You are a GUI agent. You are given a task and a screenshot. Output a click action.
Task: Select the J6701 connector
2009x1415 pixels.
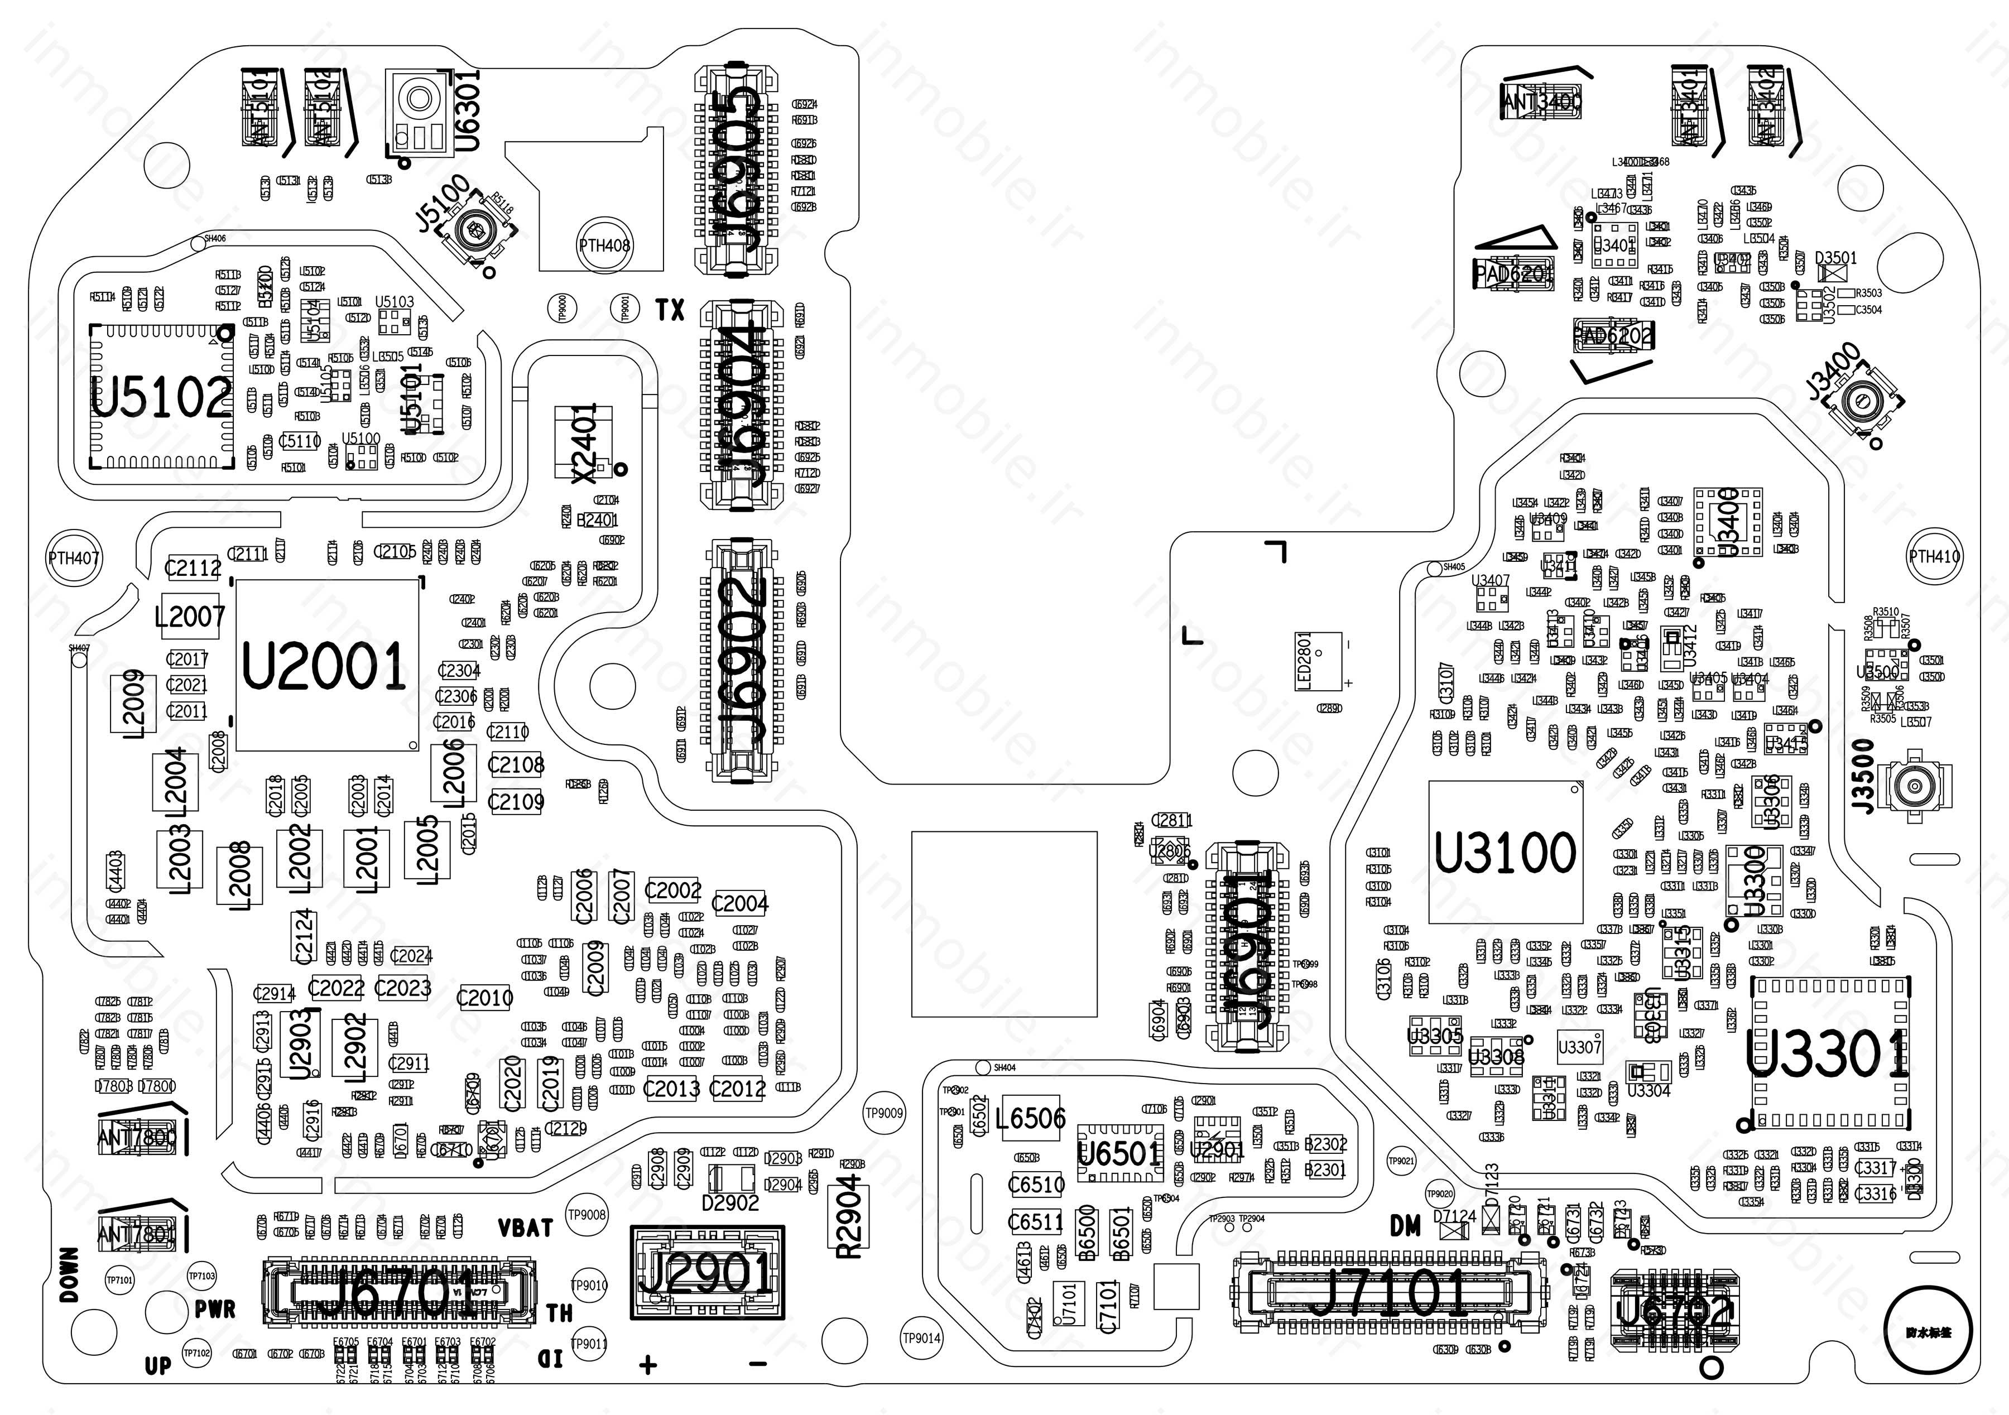pos(398,1292)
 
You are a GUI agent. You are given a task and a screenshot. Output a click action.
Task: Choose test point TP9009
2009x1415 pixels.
pos(884,1113)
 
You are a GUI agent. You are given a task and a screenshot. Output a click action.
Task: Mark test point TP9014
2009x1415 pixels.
pos(921,1338)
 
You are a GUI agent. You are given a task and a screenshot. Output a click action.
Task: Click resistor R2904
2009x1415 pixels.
pos(849,1215)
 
